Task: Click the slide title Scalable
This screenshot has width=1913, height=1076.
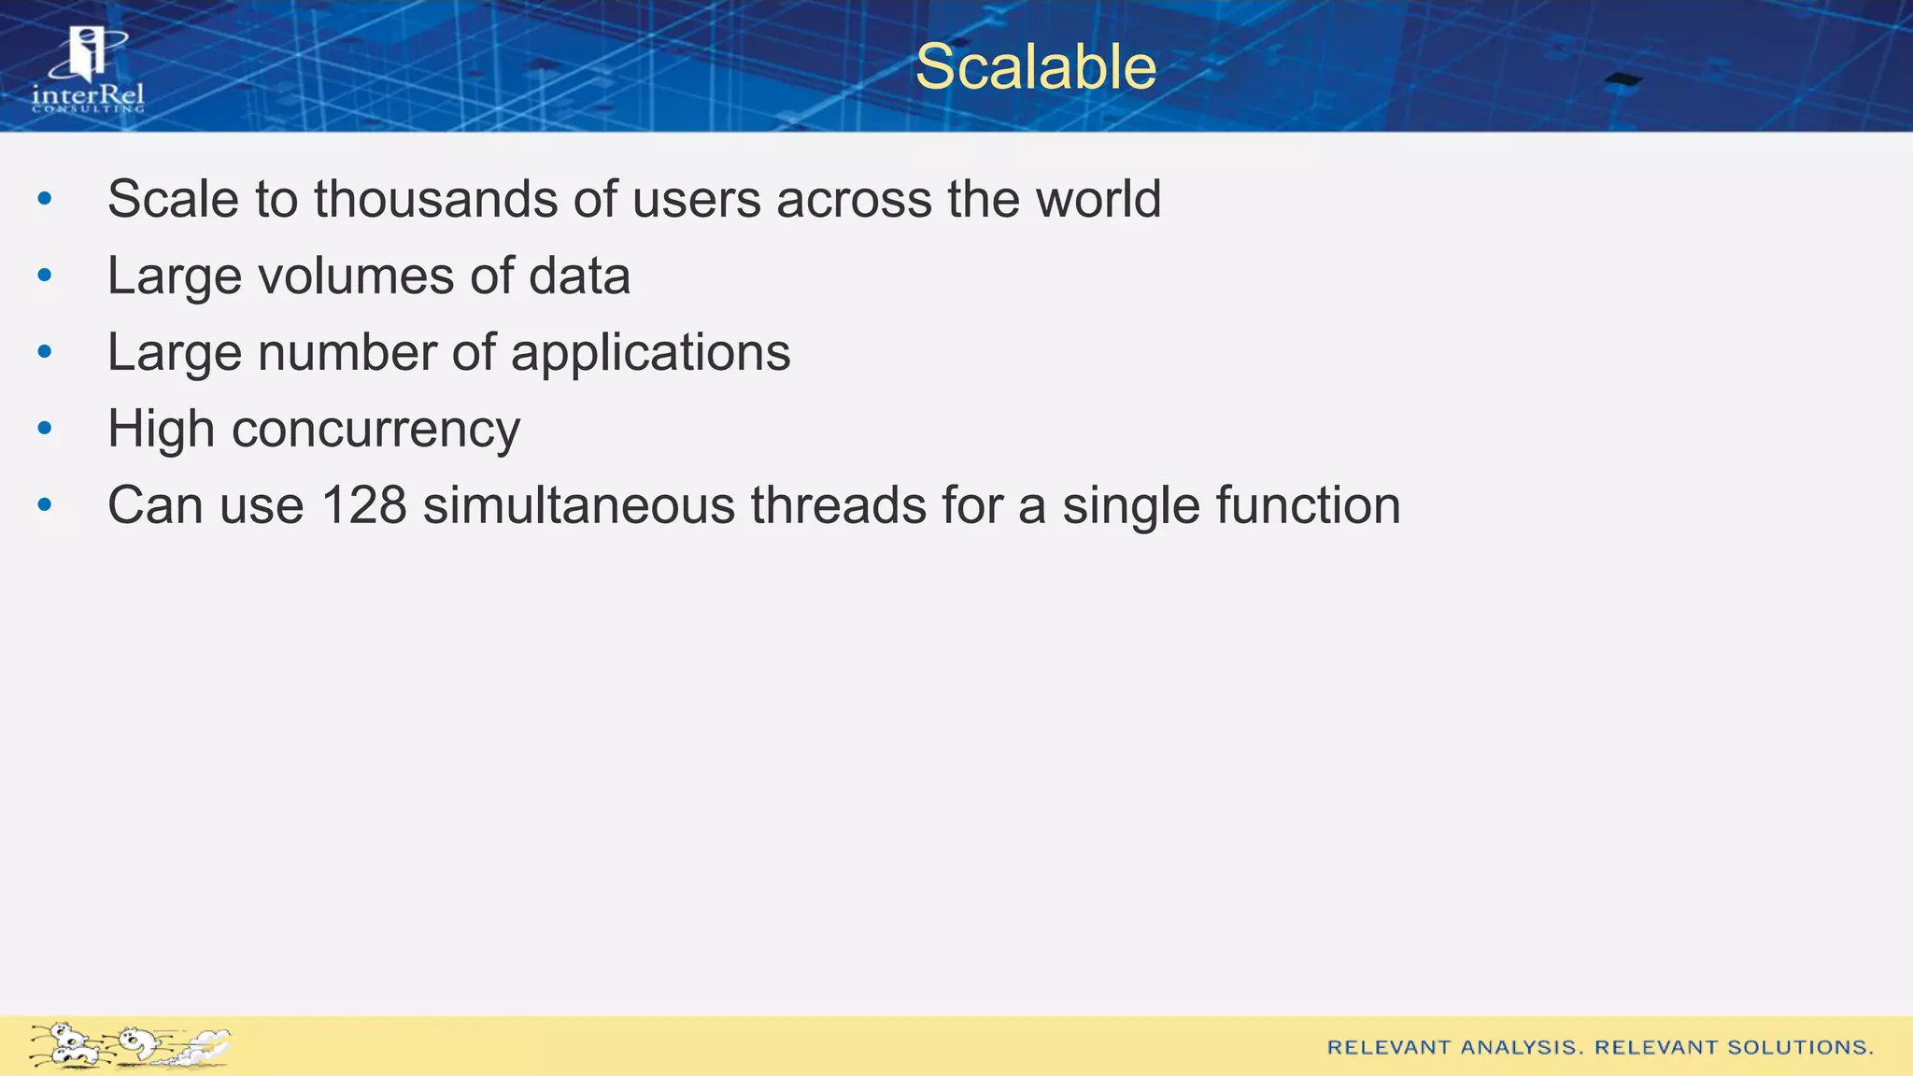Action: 1035,67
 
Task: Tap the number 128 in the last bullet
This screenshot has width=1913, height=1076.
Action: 363,505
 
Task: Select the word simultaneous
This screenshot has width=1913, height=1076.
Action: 578,505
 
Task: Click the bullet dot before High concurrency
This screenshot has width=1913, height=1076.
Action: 45,429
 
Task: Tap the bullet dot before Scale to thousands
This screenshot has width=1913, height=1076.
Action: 45,199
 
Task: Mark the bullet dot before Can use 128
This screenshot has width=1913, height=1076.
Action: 45,505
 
